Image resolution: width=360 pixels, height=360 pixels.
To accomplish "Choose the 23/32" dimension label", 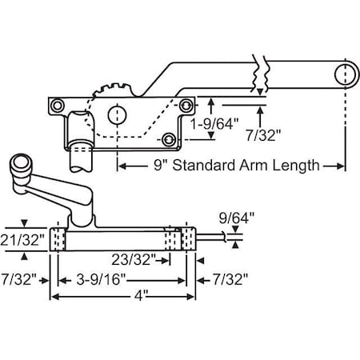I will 127,260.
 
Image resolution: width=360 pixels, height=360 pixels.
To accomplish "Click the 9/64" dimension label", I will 231,216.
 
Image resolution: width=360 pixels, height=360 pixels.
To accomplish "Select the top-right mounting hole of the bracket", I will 186,103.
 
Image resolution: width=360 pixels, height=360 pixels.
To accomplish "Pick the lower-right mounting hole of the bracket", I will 169,139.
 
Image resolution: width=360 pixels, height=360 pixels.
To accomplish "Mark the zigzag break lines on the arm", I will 258,73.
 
